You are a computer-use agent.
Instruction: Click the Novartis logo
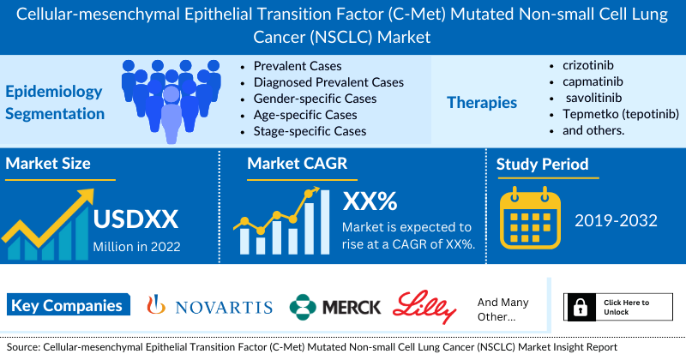pyautogui.click(x=209, y=306)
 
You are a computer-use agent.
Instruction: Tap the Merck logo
pyautogui.click(x=335, y=307)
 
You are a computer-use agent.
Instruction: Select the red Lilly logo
pyautogui.click(x=424, y=306)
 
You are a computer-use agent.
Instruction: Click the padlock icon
pyautogui.click(x=581, y=307)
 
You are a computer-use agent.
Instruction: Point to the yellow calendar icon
pyautogui.click(x=530, y=218)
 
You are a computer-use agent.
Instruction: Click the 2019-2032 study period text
pyautogui.click(x=616, y=220)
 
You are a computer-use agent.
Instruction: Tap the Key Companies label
pyautogui.click(x=69, y=305)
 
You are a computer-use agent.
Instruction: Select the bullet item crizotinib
pyautogui.click(x=588, y=65)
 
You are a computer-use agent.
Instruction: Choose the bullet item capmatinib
pyautogui.click(x=593, y=81)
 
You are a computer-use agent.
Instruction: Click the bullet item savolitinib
pyautogui.click(x=593, y=98)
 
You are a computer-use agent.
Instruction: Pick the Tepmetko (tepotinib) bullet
pyautogui.click(x=621, y=114)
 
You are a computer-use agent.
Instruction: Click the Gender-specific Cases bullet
pyautogui.click(x=315, y=99)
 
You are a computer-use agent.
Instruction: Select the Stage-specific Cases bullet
pyautogui.click(x=310, y=131)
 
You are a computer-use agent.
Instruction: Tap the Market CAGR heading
pyautogui.click(x=297, y=164)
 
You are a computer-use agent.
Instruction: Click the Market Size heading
pyautogui.click(x=48, y=164)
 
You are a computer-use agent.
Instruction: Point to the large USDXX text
pyautogui.click(x=135, y=219)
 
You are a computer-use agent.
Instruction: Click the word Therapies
pyautogui.click(x=482, y=103)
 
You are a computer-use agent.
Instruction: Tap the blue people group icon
pyautogui.click(x=171, y=101)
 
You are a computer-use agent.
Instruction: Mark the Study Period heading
pyautogui.click(x=542, y=165)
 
